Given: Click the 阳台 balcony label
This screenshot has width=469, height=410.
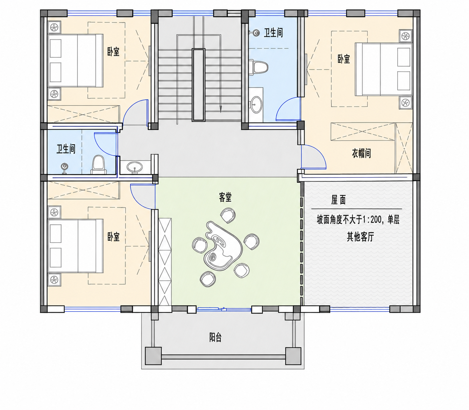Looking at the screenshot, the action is pyautogui.click(x=215, y=338).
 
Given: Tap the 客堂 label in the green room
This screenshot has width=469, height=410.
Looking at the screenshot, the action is pyautogui.click(x=225, y=197).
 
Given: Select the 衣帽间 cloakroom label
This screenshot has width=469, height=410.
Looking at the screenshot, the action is pyautogui.click(x=362, y=153).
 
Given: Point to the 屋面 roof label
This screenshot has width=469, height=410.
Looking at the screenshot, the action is pyautogui.click(x=338, y=200).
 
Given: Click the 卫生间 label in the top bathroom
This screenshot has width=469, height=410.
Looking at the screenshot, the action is pyautogui.click(x=273, y=33).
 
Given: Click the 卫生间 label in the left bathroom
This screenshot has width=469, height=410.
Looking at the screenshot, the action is pyautogui.click(x=66, y=149).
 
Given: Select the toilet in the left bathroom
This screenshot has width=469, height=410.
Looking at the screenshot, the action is pyautogui.click(x=99, y=165).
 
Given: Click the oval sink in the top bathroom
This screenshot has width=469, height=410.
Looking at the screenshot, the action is pyautogui.click(x=256, y=105).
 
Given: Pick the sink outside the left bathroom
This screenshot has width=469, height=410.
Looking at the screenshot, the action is pyautogui.click(x=135, y=167).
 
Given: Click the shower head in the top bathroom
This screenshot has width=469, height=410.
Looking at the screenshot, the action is pyautogui.click(x=256, y=33).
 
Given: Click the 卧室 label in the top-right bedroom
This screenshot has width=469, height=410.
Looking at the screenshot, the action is pyautogui.click(x=343, y=59).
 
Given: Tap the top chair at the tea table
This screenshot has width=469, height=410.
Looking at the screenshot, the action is pyautogui.click(x=228, y=215).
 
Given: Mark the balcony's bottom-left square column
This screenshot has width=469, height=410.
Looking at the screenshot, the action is pyautogui.click(x=153, y=356).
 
